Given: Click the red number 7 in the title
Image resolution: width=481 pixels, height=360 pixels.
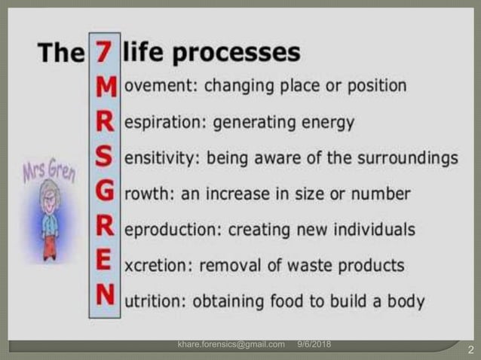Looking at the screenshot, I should [x=105, y=53].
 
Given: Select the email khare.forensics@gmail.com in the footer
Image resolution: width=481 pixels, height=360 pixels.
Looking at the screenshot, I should [x=231, y=345].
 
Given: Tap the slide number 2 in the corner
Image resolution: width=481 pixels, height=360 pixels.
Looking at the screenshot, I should [x=470, y=350].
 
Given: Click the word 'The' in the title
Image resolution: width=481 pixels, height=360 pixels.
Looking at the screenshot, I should [x=60, y=53].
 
